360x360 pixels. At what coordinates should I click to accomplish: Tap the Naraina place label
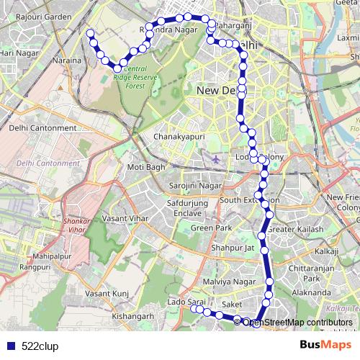click(x=66, y=62)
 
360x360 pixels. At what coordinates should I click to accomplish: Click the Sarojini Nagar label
click(x=195, y=185)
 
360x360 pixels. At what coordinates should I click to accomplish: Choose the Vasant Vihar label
click(x=127, y=217)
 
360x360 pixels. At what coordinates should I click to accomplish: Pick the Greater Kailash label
click(x=297, y=230)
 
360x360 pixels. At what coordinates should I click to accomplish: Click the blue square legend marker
click(x=8, y=346)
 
